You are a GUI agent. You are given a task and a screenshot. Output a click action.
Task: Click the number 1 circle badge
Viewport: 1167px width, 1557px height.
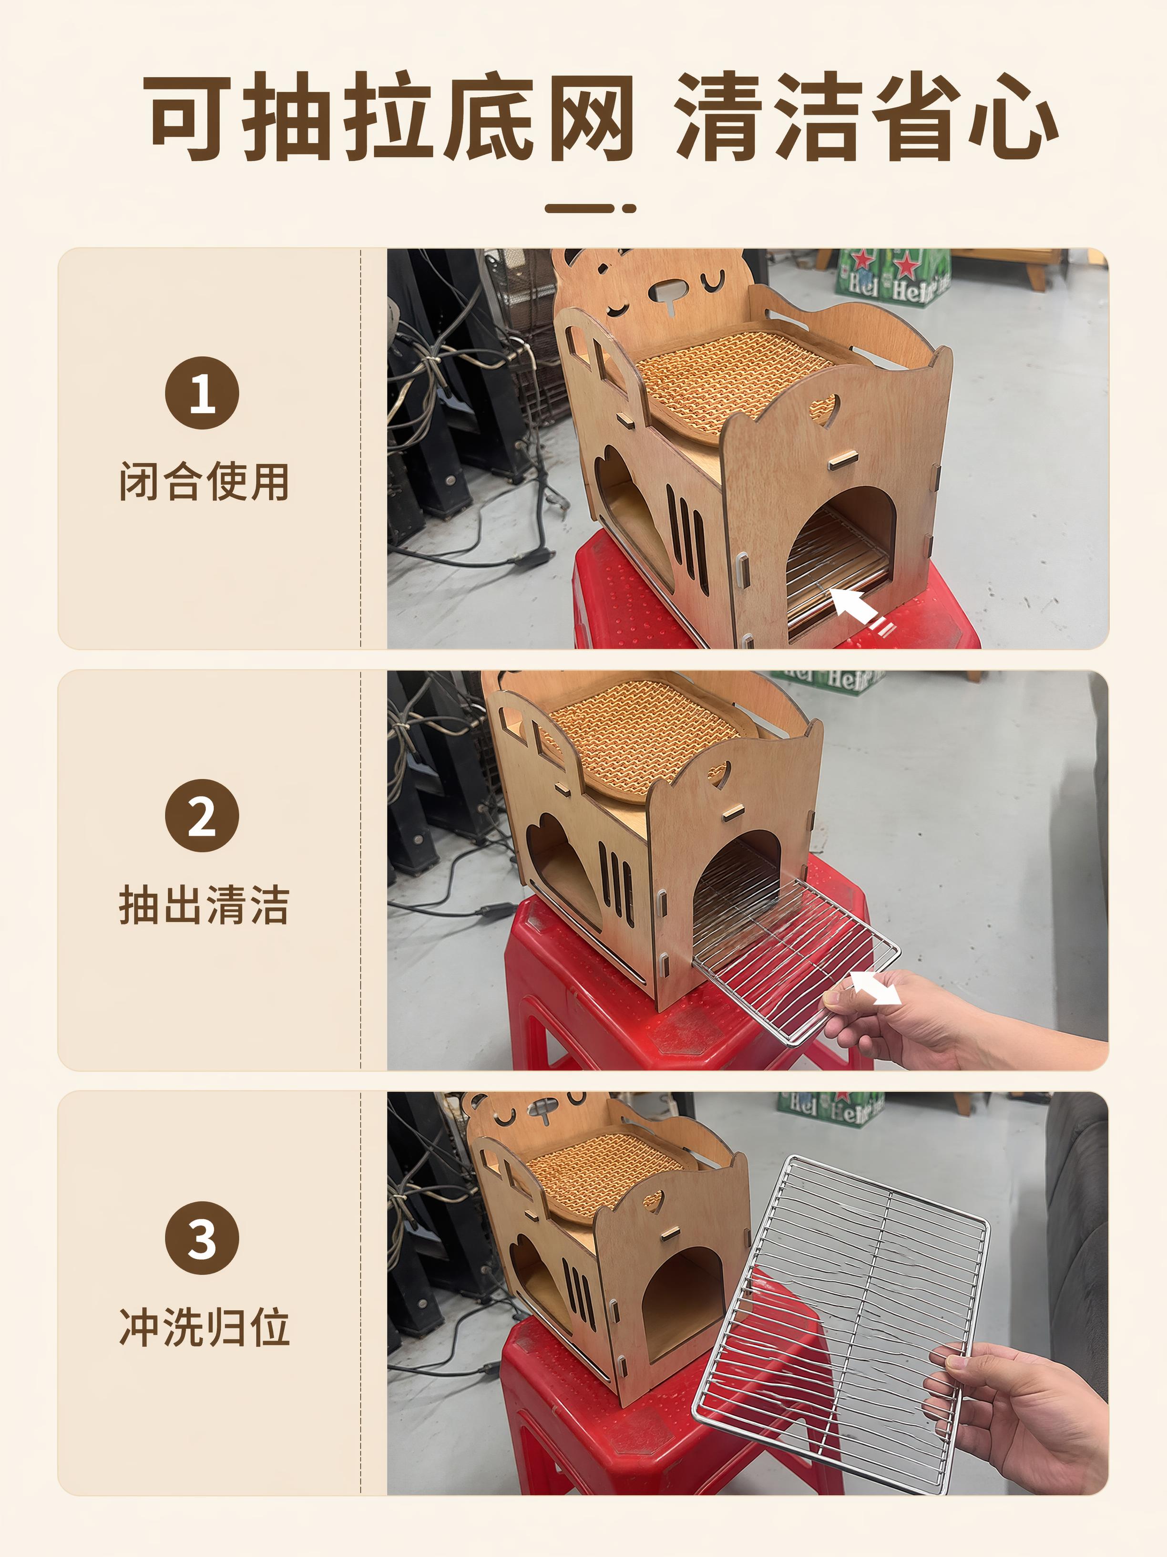pyautogui.click(x=202, y=393)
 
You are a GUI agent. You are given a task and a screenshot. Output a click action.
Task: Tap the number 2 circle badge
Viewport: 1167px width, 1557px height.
pyautogui.click(x=202, y=815)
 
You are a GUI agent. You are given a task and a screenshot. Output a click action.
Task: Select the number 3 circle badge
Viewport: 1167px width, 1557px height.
pyautogui.click(x=202, y=1238)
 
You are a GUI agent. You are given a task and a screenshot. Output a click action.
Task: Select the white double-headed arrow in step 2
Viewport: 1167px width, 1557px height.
pyautogui.click(x=876, y=988)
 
